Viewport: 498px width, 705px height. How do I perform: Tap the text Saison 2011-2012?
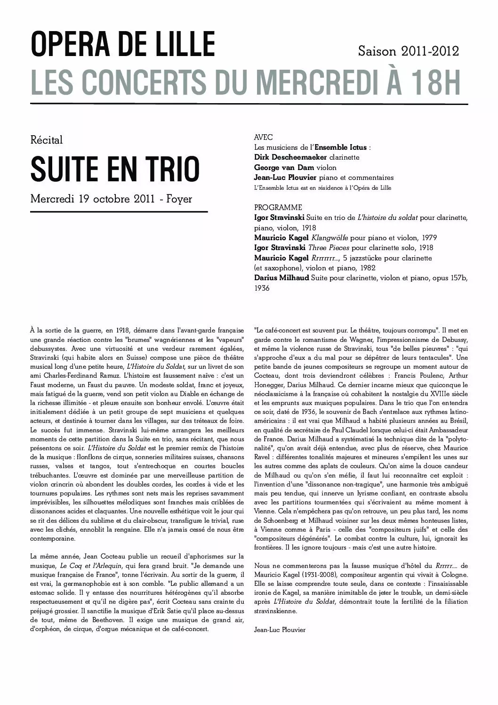coord(409,51)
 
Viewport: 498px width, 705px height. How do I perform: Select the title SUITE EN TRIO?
coord(115,170)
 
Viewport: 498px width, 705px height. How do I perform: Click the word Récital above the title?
coord(46,140)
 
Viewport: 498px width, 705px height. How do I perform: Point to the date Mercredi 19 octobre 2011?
coord(92,199)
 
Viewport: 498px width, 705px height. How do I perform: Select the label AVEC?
coord(263,138)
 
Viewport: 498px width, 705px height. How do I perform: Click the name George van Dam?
coord(284,168)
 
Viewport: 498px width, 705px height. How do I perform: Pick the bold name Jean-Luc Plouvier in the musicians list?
coord(285,178)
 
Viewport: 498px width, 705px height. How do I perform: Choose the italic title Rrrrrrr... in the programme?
coord(326,258)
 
